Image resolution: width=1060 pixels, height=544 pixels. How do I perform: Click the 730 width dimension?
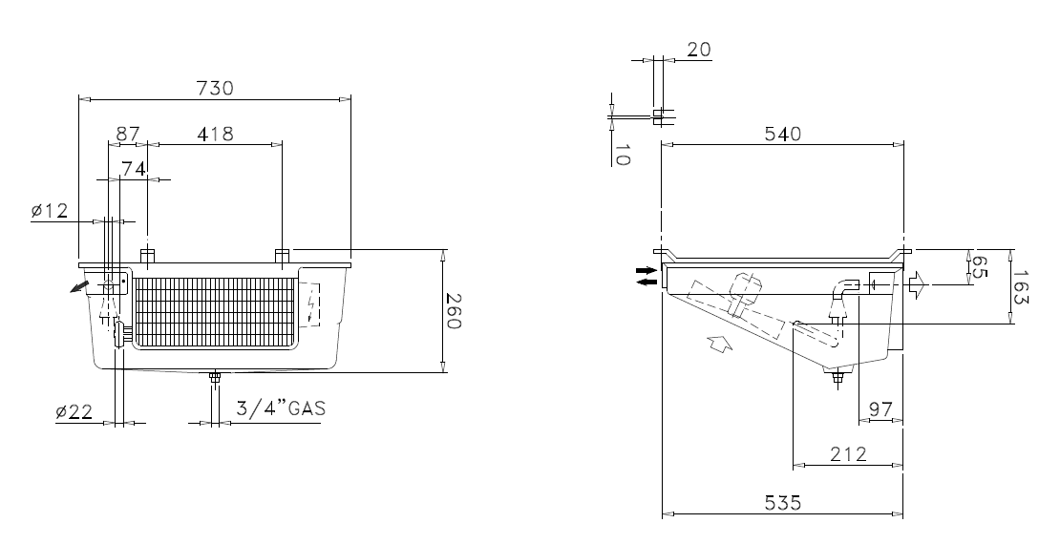(x=214, y=89)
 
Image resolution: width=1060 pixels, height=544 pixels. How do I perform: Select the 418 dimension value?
(x=215, y=135)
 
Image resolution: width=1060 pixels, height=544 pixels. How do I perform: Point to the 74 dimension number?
(x=134, y=169)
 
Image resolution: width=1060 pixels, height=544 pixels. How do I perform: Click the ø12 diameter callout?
(x=50, y=212)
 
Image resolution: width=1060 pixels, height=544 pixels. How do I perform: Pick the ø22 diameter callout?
(x=74, y=411)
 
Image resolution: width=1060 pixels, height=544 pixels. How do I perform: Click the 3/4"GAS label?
(x=281, y=408)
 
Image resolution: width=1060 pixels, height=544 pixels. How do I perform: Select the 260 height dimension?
(x=454, y=311)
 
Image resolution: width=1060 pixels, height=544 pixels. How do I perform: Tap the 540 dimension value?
(x=782, y=134)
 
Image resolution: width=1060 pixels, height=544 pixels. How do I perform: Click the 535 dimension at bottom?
(x=782, y=503)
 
